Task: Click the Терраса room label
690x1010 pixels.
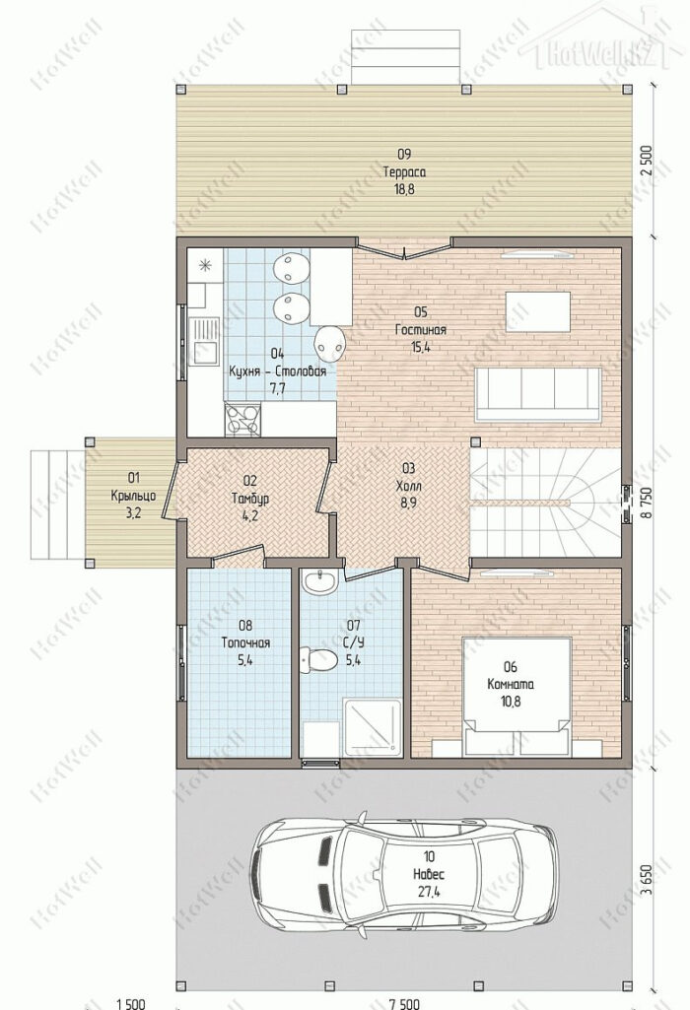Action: [x=404, y=172]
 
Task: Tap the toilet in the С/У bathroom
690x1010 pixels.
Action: [x=318, y=660]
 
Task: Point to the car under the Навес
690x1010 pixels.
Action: [x=404, y=875]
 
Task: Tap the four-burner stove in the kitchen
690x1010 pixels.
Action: [x=242, y=419]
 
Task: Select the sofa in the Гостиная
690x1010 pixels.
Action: [x=538, y=394]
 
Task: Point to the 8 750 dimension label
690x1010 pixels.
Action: [x=647, y=505]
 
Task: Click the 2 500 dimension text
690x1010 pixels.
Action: [x=647, y=162]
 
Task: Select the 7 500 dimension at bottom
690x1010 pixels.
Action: [x=404, y=1003]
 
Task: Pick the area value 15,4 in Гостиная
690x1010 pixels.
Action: [x=421, y=347]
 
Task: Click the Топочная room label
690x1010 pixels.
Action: [x=245, y=642]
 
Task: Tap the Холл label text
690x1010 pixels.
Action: [x=408, y=486]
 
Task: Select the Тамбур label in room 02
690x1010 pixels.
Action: [x=250, y=499]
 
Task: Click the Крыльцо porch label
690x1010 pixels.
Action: [x=133, y=496]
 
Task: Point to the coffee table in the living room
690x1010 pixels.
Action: [x=538, y=311]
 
